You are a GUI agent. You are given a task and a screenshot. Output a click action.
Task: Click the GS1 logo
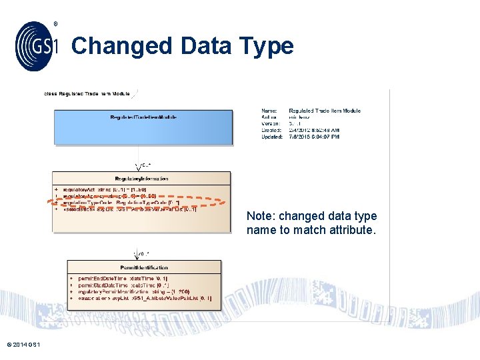pos(37,45)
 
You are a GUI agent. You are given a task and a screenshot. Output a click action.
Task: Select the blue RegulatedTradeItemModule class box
pos(143,127)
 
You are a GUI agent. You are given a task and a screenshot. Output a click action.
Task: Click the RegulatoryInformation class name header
pos(141,178)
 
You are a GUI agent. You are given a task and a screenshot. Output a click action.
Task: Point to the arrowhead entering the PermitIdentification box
pos(139,257)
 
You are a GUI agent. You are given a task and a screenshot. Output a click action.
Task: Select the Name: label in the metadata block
pos(269,111)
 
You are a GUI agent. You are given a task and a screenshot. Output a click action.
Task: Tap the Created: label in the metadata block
pos(271,130)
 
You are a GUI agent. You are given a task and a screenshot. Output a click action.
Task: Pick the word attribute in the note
pos(353,230)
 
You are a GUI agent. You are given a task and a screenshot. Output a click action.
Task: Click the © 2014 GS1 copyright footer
pos(23,344)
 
